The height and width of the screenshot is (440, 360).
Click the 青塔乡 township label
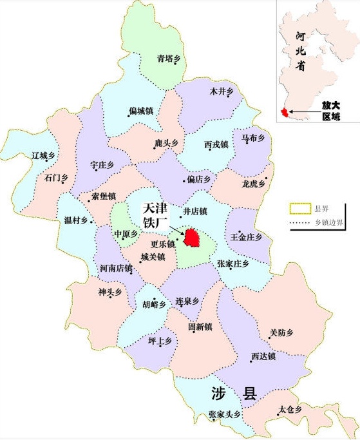171,59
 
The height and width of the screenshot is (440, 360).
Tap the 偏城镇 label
141,110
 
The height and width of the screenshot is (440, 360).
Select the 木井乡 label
221,93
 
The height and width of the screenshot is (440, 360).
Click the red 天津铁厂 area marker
192,236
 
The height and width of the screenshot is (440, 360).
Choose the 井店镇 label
196,211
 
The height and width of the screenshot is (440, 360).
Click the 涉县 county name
232,394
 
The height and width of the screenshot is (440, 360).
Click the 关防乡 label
281,332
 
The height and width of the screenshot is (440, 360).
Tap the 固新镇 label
200,327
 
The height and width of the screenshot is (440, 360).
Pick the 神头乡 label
110,292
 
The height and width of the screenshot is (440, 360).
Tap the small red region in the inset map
283,114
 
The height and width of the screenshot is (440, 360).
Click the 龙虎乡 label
254,184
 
